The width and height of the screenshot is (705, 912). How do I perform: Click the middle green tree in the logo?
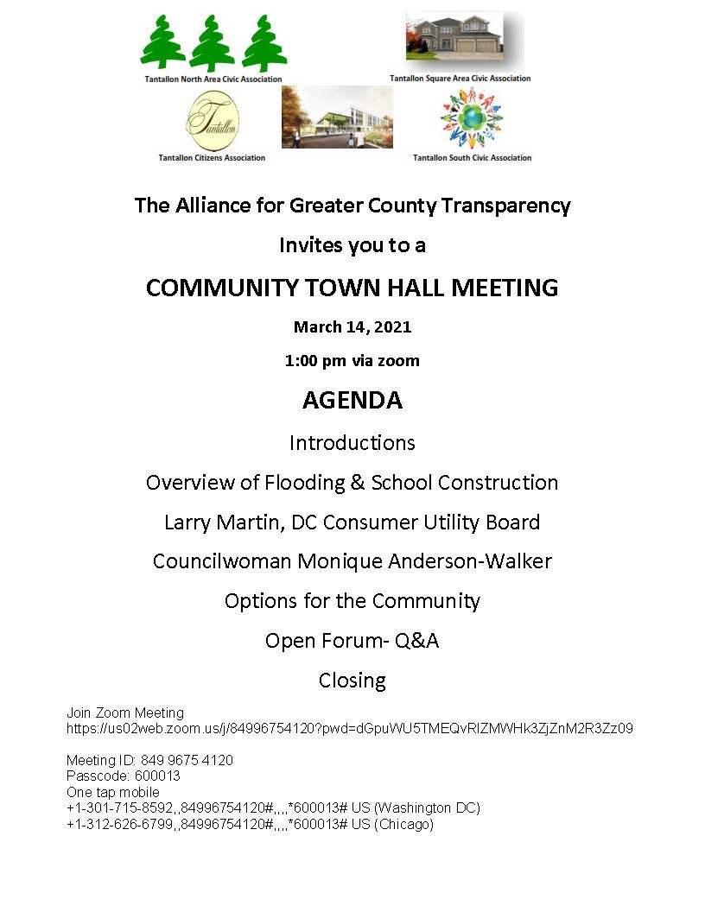(x=213, y=45)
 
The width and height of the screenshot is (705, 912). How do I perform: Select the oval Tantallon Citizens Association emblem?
(x=213, y=121)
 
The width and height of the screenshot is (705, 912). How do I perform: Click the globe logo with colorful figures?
(x=471, y=118)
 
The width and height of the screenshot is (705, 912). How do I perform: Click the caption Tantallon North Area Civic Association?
(x=213, y=79)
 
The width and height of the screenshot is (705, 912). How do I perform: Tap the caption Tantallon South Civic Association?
(x=472, y=158)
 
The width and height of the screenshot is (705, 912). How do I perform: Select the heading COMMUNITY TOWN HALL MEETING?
(x=352, y=288)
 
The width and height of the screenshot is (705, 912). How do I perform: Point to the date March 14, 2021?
(x=352, y=326)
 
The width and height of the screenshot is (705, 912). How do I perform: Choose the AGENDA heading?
(x=352, y=400)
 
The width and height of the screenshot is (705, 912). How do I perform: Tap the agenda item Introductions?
(x=352, y=443)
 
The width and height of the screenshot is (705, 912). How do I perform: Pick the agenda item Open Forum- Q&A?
(x=352, y=641)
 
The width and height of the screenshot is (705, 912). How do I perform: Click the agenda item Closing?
(x=352, y=681)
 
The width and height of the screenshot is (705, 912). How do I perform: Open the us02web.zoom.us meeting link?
(x=350, y=728)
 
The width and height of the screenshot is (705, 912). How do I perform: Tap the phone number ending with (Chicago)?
(x=251, y=825)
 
